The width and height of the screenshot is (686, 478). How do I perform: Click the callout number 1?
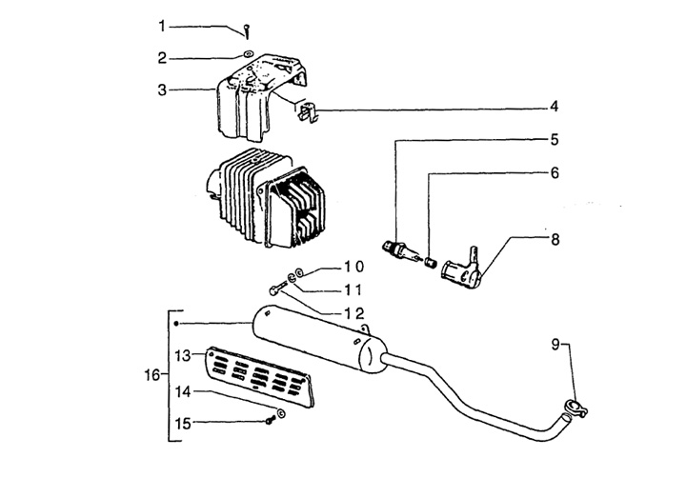tap(162, 27)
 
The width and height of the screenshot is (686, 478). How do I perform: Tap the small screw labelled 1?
tap(247, 31)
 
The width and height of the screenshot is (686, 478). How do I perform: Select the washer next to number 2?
tap(248, 54)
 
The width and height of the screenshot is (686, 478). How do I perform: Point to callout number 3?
tap(162, 90)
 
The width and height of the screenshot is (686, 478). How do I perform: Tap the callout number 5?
tap(555, 140)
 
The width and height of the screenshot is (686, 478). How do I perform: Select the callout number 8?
tap(555, 240)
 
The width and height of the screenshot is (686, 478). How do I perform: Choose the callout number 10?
tap(353, 267)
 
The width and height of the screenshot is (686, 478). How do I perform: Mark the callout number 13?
tap(183, 355)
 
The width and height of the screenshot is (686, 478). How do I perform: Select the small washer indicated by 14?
tap(280, 412)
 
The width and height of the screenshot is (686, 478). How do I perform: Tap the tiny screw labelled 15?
tap(270, 420)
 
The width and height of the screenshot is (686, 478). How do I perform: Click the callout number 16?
tap(152, 375)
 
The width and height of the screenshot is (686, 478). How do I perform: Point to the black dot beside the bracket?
tap(176, 324)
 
